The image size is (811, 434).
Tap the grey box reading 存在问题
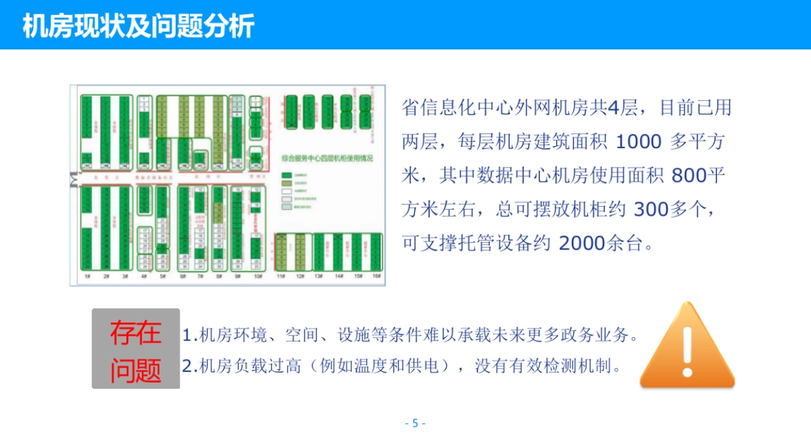(x=136, y=349)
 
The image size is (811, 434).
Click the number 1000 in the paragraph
(x=639, y=142)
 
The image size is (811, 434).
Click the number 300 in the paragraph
(x=650, y=210)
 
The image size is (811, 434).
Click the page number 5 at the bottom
(x=415, y=423)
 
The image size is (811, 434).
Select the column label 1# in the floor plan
(x=87, y=276)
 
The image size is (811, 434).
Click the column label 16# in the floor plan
(x=376, y=276)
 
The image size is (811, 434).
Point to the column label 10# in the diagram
(x=257, y=276)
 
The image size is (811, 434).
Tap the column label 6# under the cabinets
(x=182, y=276)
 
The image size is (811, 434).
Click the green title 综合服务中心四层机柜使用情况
(x=328, y=157)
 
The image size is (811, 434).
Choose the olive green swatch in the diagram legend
(x=287, y=183)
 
